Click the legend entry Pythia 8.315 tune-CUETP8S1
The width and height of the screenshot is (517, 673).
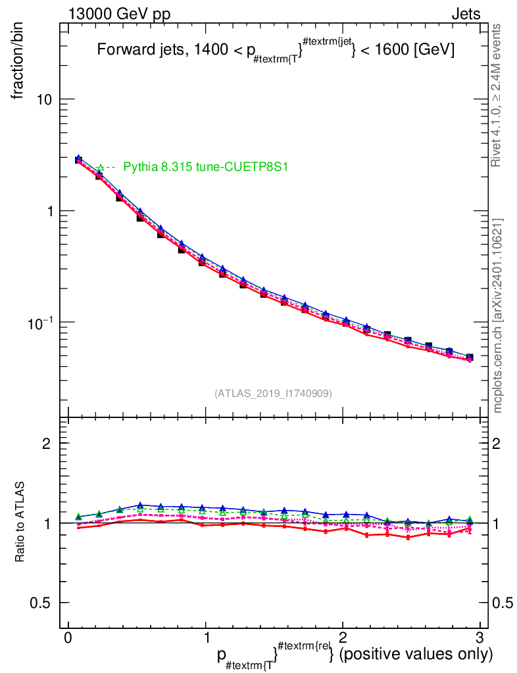205,168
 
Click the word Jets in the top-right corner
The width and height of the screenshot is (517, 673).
465,14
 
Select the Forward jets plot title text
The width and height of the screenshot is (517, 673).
276,51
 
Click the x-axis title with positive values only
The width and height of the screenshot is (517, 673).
355,655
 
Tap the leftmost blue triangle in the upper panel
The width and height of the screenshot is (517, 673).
78,158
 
